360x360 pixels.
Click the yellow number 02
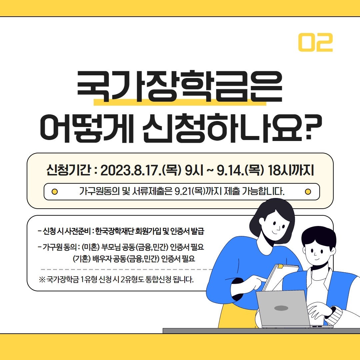tap(315, 42)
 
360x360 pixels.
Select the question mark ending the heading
tap(313, 128)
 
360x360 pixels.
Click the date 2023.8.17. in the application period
tap(131, 170)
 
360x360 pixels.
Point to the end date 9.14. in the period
tap(231, 170)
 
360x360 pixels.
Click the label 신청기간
tap(69, 170)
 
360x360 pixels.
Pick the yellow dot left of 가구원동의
tap(55, 191)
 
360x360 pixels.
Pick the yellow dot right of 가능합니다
tap(308, 191)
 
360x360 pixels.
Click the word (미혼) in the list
tap(91, 247)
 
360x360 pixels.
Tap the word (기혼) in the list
tap(82, 259)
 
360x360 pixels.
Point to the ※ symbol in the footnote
tap(42, 280)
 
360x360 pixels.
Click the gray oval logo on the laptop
tap(281, 308)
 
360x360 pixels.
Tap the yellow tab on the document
tap(280, 266)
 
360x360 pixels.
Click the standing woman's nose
tap(278, 228)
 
